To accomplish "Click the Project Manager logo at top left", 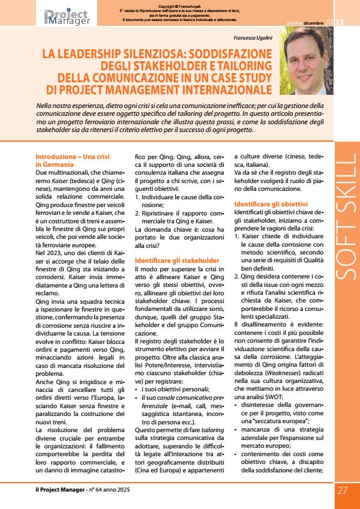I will (x=67, y=17).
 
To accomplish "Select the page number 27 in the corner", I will (x=342, y=490).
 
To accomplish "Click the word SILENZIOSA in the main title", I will (x=161, y=54).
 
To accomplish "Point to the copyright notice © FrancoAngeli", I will (x=180, y=7).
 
